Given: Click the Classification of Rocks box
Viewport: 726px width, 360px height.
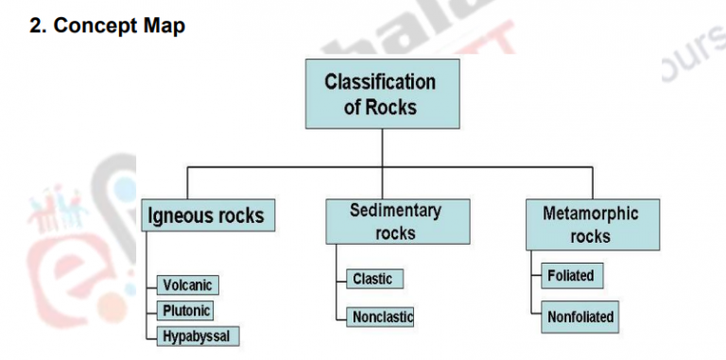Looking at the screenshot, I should pos(381,94).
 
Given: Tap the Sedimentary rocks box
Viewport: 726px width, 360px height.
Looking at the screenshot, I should pos(396,221).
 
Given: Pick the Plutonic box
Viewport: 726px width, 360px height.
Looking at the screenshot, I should pos(186,310).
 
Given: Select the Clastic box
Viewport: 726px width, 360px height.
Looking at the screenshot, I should pos(372,279).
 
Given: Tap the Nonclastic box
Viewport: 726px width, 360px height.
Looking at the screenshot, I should pos(382,317).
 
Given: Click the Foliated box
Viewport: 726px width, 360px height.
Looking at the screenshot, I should pos(571,276).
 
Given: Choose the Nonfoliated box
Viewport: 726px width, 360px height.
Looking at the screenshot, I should pos(580,317).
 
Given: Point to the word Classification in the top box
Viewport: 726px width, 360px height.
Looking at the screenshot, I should pos(381,81).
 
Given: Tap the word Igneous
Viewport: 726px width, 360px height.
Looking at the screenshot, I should pos(180,216).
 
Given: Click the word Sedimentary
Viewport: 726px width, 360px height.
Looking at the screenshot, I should pos(396,210).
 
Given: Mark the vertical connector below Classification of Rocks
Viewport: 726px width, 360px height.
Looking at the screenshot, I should pos(381,147).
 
